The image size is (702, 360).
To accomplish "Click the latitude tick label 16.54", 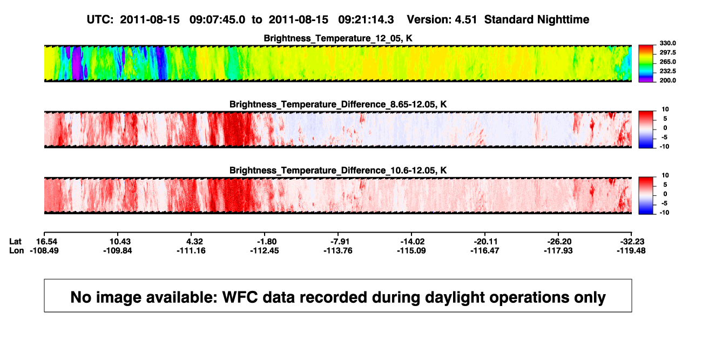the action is pos(46,242).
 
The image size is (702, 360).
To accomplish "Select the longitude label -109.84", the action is pos(118,250).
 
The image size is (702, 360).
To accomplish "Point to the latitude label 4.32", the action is pos(194,242).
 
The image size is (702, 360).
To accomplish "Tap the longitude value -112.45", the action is pos(265,250).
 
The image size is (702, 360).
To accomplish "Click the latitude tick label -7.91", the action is pos(340,242).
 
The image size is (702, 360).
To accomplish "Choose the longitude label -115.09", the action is pos(411,250).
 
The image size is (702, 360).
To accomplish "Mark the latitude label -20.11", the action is pos(485,242).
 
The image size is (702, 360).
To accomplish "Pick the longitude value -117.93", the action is pos(558,250).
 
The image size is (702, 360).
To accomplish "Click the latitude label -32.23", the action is pos(632,242).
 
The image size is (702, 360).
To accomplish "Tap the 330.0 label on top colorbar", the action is pos(667,43).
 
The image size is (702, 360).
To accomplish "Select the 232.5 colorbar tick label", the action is pos(667,71).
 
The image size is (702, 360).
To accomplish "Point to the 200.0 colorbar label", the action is pos(667,80).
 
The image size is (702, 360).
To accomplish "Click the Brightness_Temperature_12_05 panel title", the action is pos(338,38).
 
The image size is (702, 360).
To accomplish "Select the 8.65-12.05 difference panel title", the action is pos(338,104).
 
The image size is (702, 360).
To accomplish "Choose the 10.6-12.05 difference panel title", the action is pos(338,171).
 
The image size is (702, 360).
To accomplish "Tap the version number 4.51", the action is pos(465,20).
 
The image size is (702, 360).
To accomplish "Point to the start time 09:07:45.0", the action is pos(217,20).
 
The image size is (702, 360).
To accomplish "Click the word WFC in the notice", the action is pos(240,297).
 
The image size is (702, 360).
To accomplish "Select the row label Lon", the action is pos(17,250).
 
